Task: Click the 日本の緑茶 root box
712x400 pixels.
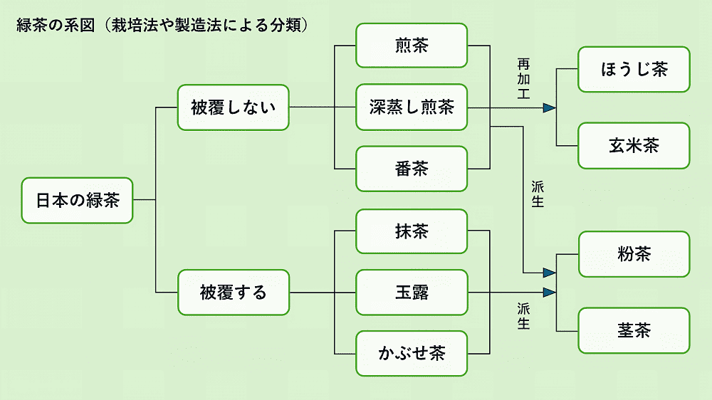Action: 77,200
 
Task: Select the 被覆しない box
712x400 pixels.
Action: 234,107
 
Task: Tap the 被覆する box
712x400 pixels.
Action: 234,293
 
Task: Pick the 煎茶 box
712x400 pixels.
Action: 412,46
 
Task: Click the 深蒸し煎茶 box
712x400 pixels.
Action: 412,107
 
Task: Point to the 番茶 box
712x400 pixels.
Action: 412,169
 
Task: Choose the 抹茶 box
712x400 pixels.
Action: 412,231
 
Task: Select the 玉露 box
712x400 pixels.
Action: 412,293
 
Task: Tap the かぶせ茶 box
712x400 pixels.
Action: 412,353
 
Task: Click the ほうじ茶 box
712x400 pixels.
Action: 634,70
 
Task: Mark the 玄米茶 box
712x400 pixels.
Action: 634,146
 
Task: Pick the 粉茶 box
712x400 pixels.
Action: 634,254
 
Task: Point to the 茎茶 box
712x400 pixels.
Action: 634,330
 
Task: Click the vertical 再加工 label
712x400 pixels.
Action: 523,79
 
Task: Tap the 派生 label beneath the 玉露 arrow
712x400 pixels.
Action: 523,317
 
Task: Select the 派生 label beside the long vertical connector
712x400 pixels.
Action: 538,194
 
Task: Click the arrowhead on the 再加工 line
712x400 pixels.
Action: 550,108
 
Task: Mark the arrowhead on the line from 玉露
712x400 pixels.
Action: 550,293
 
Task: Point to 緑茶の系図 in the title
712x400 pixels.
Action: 56,25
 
